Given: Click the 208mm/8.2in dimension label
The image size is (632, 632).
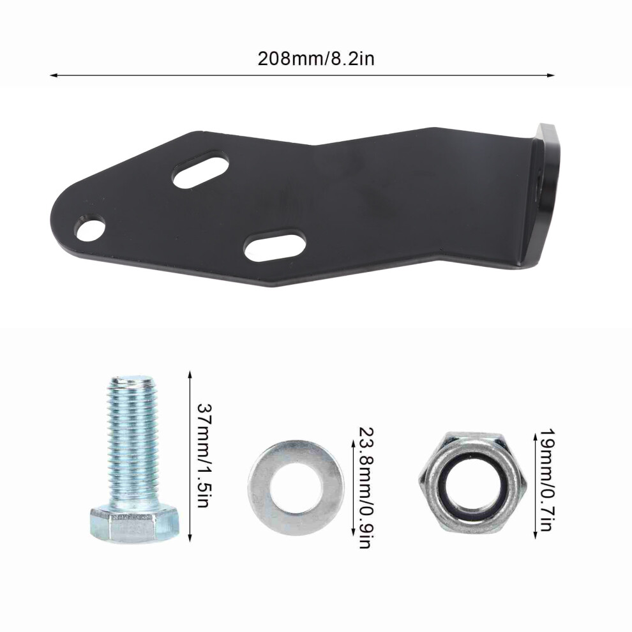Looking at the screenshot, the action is click(316, 59).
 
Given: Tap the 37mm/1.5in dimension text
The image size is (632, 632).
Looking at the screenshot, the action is click(204, 455).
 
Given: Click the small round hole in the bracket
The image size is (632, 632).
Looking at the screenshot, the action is click(90, 229).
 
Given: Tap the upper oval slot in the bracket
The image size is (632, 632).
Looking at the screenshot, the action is click(200, 168).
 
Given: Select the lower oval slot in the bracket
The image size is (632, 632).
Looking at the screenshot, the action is click(275, 246).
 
